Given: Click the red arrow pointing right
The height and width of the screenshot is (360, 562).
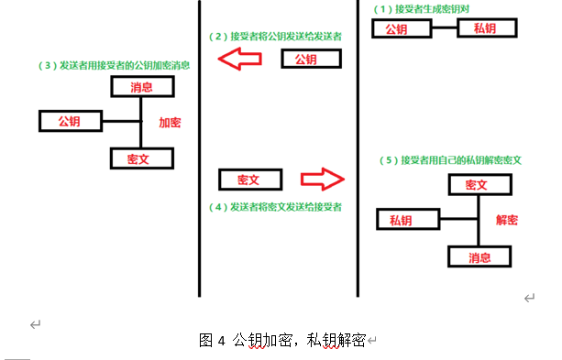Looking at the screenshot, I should [x=321, y=178].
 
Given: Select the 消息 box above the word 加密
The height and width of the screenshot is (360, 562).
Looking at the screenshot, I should [x=141, y=87].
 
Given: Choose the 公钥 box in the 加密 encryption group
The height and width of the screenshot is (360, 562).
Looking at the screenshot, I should [x=70, y=121].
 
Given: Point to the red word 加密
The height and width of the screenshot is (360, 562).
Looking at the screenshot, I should [x=170, y=122].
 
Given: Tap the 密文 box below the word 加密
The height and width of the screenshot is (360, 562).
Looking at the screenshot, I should [x=140, y=158].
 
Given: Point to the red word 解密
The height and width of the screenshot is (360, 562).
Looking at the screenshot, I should [x=507, y=221].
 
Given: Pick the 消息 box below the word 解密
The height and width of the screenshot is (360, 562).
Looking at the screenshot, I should [x=479, y=256].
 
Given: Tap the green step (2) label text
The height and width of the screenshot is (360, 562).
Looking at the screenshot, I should [x=275, y=38].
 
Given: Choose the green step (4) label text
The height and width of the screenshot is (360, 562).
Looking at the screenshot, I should [x=275, y=206].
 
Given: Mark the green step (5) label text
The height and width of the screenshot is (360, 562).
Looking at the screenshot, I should [x=451, y=159].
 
